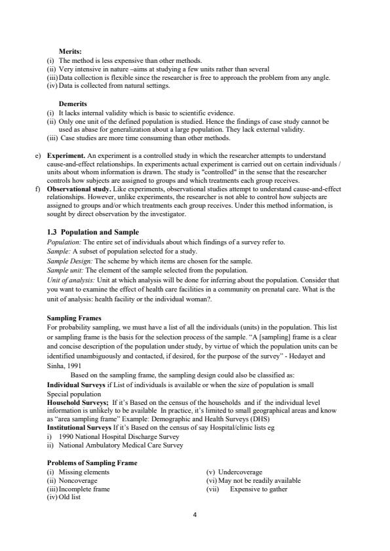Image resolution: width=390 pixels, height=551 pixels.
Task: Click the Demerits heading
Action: [73, 104]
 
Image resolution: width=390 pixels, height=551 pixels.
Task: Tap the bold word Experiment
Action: [66, 156]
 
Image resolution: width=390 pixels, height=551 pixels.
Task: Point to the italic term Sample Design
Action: [67, 260]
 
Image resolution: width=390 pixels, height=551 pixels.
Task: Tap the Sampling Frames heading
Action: [74, 317]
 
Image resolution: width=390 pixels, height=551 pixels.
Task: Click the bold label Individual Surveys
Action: [75, 384]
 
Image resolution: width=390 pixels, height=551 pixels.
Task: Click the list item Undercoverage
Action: [240, 472]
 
